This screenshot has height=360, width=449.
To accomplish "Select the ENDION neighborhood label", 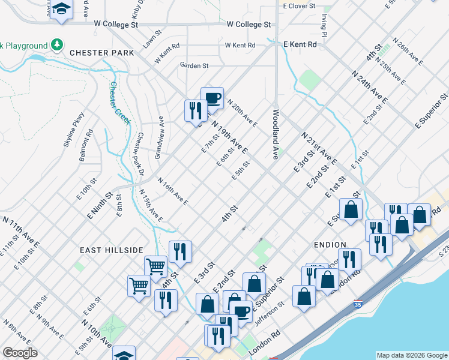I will click(330, 245).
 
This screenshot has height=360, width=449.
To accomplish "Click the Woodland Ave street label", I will click(277, 134).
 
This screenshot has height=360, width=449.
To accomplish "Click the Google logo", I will click(20, 353).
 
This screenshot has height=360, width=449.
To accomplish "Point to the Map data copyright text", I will click(411, 355).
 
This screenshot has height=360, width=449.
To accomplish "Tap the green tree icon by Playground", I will click(57, 45).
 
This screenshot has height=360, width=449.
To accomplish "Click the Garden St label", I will click(194, 65).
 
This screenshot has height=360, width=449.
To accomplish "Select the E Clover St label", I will click(299, 5).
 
